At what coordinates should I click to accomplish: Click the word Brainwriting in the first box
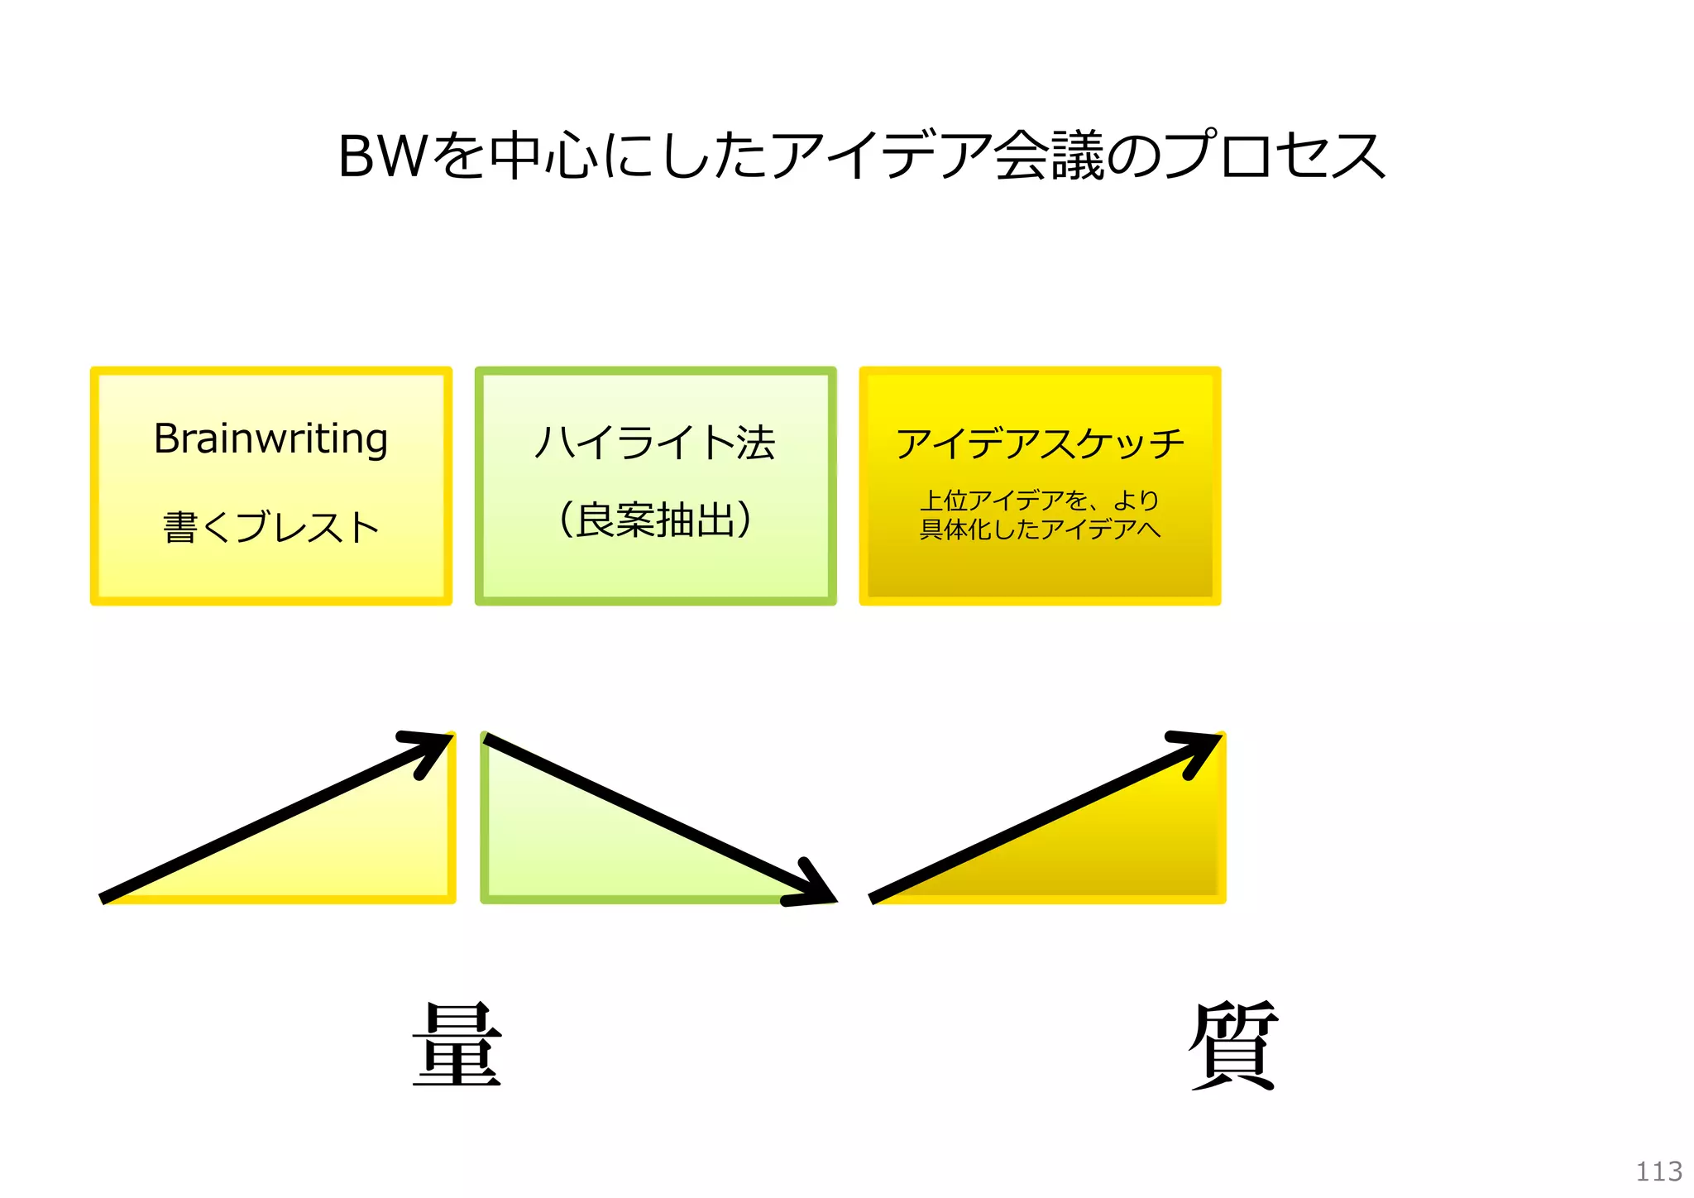pos(270,439)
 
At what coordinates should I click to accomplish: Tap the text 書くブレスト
pos(270,527)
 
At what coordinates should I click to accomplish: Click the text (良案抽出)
pos(655,520)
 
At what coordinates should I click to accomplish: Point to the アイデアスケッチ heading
pos(1040,443)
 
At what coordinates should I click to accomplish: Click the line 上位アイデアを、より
pos(1040,500)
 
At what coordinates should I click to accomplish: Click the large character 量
pos(457,1044)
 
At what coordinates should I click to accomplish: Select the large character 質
pos(1233,1044)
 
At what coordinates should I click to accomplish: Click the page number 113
pos(1658,1171)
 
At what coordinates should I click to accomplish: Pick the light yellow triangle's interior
pos(364,852)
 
